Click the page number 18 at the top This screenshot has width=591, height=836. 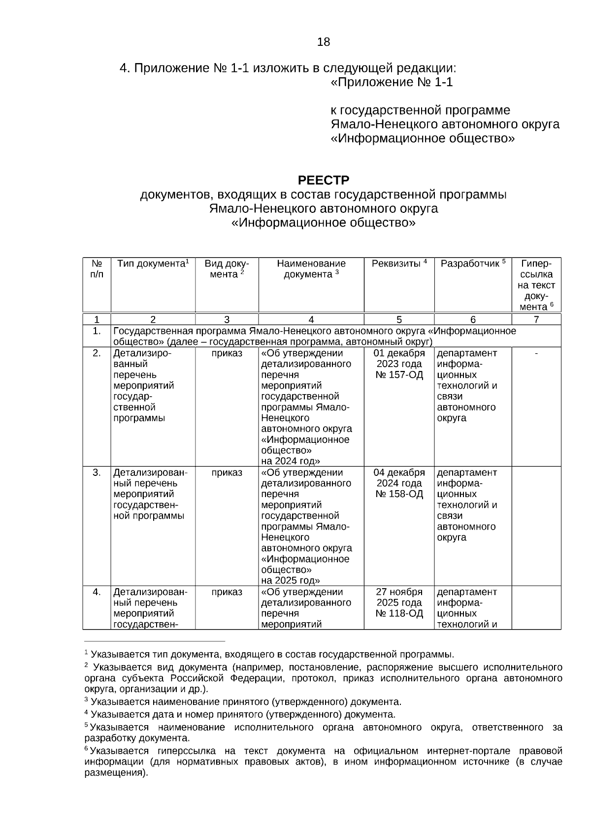coord(324,42)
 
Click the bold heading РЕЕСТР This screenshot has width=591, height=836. coord(324,180)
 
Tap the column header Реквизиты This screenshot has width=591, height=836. coord(399,264)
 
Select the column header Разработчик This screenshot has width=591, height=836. coord(473,264)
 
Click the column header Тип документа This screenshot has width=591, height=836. coord(153,264)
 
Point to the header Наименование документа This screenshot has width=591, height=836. coord(311,269)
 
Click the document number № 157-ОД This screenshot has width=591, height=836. coord(399,375)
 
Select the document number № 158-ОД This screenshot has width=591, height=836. coord(399,494)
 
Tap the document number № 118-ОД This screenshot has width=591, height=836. coord(399,613)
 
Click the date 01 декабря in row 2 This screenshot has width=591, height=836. coord(399,353)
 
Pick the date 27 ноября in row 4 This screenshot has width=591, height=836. coord(399,592)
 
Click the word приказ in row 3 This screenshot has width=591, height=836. coord(227,472)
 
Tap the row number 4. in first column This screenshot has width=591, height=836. coord(97,592)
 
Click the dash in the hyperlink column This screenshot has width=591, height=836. coord(536,353)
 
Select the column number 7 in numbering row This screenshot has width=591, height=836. coord(536,319)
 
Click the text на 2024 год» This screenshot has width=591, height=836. coord(291,461)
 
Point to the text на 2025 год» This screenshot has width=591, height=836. coord(291,580)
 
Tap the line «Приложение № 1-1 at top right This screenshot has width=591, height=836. coord(392,82)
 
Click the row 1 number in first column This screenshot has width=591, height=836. coord(97,331)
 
